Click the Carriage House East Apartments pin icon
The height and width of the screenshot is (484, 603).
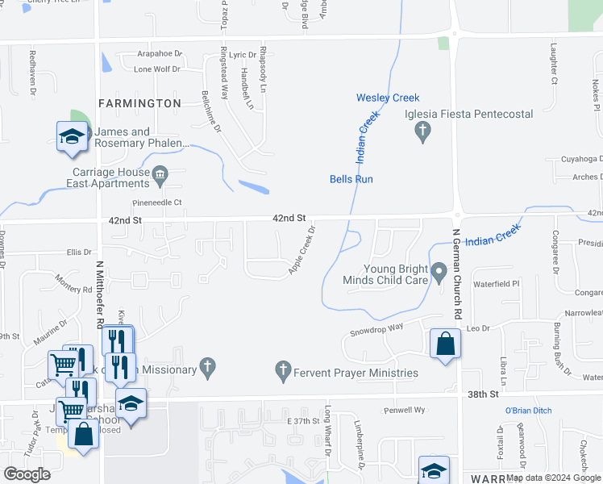pyautogui.click(x=160, y=173)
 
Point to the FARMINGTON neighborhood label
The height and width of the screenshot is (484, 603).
pyautogui.click(x=139, y=103)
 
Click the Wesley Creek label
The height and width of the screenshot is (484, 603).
pyautogui.click(x=388, y=98)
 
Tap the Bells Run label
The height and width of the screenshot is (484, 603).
pyautogui.click(x=351, y=179)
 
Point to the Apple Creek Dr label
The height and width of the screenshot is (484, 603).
pyautogui.click(x=301, y=250)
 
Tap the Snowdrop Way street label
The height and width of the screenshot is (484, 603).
pyautogui.click(x=376, y=329)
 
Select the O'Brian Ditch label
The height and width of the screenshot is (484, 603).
pyautogui.click(x=528, y=411)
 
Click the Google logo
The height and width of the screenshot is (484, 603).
pyautogui.click(x=27, y=474)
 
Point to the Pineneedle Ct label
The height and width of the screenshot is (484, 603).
pyautogui.click(x=158, y=202)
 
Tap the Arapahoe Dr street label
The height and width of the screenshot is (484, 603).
pyautogui.click(x=160, y=54)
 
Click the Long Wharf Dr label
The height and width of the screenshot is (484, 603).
pyautogui.click(x=328, y=441)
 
